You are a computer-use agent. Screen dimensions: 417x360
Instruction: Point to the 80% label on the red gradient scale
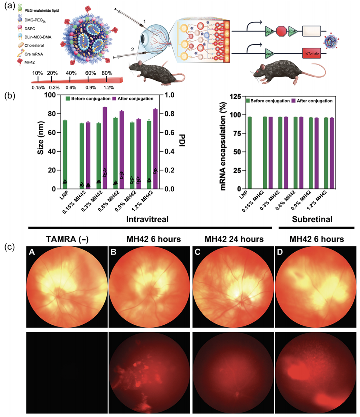[x=107, y=73]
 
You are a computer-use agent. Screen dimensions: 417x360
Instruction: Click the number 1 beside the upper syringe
[x=144, y=23]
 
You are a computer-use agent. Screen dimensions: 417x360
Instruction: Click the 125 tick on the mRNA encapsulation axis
[x=236, y=96]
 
